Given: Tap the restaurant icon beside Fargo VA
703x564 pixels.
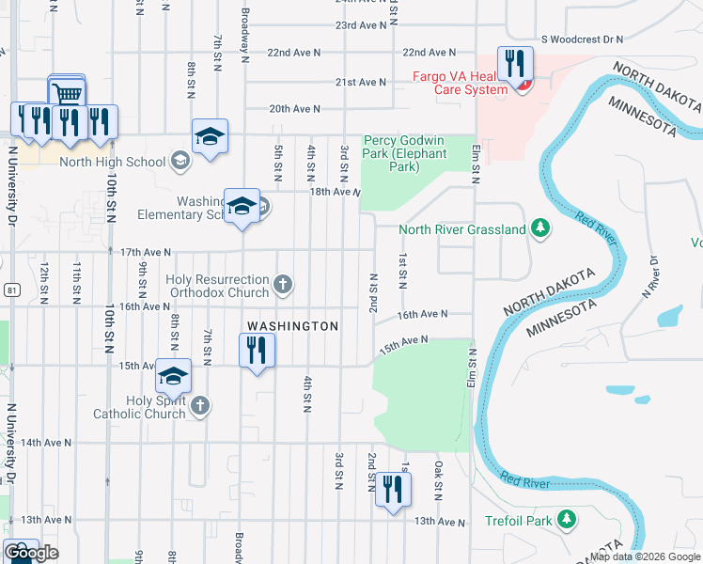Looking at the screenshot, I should [515, 65].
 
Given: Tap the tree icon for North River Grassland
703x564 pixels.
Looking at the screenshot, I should [539, 228].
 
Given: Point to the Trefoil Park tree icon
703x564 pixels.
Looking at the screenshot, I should [567, 519].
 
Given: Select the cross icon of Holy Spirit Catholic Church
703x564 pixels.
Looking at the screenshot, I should [198, 405].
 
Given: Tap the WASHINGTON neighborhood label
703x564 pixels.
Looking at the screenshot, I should [292, 325].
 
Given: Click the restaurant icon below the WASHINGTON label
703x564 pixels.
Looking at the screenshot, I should [258, 351].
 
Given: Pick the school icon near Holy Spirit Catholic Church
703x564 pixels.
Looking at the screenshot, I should [173, 376].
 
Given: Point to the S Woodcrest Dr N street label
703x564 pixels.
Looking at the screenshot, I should [583, 39].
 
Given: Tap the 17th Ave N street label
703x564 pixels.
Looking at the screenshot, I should [146, 252].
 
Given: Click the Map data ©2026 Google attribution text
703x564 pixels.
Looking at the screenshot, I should [645, 556].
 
